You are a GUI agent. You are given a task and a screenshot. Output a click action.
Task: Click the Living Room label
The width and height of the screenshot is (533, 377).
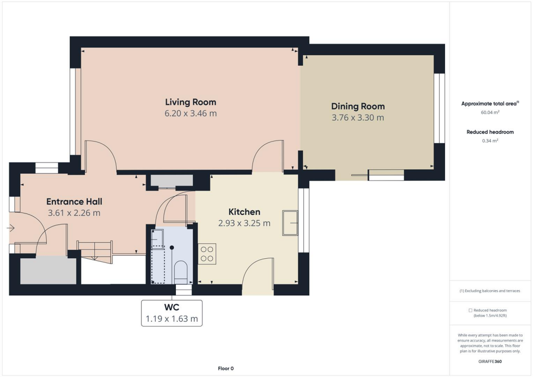[191, 102]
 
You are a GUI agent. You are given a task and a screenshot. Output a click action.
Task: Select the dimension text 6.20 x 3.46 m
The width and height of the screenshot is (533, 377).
[191, 114]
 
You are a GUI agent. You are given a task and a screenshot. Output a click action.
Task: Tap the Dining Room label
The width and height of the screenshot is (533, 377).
[358, 107]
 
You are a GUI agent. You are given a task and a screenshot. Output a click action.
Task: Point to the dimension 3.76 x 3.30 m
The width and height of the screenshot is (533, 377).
[358, 118]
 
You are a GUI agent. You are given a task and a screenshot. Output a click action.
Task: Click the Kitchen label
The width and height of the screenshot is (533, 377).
[244, 212]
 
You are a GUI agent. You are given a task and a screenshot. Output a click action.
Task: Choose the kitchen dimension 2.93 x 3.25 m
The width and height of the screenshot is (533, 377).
[244, 223]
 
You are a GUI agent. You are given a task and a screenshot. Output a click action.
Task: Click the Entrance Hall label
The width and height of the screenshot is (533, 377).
[74, 202]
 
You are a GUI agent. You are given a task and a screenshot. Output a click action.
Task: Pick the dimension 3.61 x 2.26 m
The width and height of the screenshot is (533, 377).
[74, 213]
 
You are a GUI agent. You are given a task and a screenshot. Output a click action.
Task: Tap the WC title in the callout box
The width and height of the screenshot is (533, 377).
[171, 308]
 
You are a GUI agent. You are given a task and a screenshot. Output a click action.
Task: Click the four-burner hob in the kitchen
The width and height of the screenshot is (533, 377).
[207, 254]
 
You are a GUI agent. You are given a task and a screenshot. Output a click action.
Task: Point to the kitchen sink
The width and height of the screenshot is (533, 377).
[289, 223]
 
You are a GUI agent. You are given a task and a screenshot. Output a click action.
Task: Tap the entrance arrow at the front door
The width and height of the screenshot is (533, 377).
[10, 228]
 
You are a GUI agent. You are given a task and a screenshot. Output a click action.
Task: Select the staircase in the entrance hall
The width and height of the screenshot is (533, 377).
[95, 251]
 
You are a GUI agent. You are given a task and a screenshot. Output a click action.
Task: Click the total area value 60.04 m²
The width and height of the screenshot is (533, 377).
[489, 112]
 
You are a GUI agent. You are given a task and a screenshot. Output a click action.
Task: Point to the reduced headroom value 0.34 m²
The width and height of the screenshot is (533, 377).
[489, 141]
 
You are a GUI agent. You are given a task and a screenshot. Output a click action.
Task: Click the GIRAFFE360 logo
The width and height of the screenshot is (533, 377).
[490, 361]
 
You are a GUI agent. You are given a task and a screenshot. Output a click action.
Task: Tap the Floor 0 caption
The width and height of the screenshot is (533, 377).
[225, 369]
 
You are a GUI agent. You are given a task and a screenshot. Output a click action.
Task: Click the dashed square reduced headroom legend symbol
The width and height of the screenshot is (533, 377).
[471, 310]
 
